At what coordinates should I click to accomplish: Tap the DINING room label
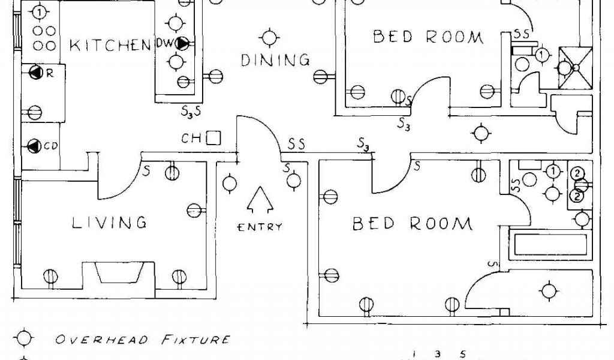coord(275,60)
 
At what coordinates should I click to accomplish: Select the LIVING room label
coord(109,223)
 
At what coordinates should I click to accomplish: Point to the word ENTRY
coord(260,227)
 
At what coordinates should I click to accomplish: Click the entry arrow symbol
coord(260,200)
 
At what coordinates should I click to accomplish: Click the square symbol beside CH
coord(213,139)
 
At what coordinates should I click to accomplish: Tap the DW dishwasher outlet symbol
coord(182,43)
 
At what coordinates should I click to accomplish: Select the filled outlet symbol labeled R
coord(36,73)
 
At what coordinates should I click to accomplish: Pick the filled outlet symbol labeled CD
coord(34,146)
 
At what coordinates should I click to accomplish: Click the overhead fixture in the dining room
coord(271,38)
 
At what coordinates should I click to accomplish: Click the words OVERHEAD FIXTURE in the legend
coord(142,340)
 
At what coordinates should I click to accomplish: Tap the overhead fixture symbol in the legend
coord(23,338)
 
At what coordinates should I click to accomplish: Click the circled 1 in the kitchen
coord(40,11)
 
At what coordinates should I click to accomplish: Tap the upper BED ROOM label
coord(428,37)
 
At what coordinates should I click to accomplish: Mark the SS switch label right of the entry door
coord(296,145)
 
